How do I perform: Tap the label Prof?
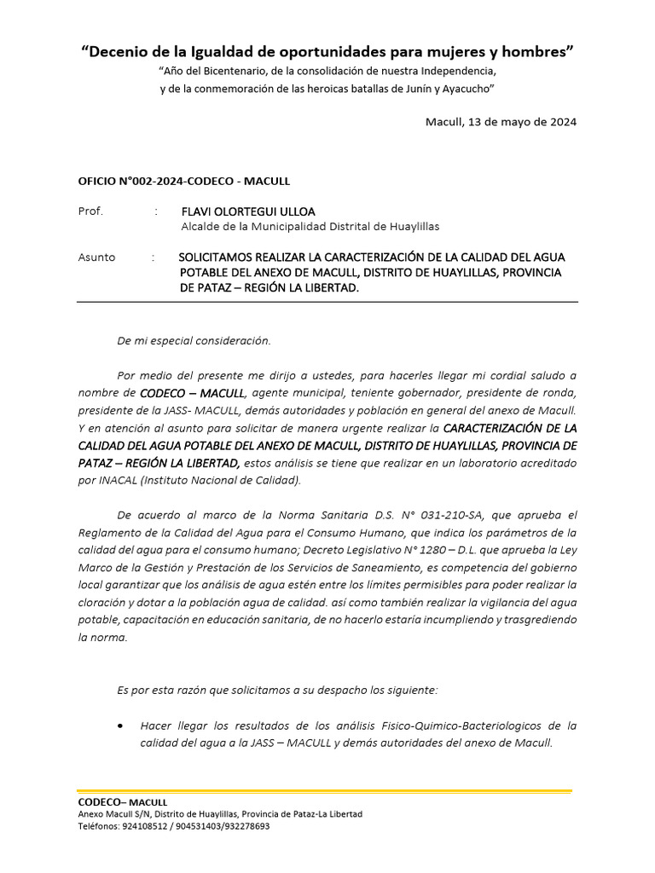pos(90,211)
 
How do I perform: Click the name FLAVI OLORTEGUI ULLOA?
pos(248,211)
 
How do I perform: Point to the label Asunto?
pos(96,257)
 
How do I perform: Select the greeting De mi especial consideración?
pos(194,341)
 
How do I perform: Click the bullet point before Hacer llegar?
pos(121,726)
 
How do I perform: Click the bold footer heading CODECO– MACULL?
pos(122,802)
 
